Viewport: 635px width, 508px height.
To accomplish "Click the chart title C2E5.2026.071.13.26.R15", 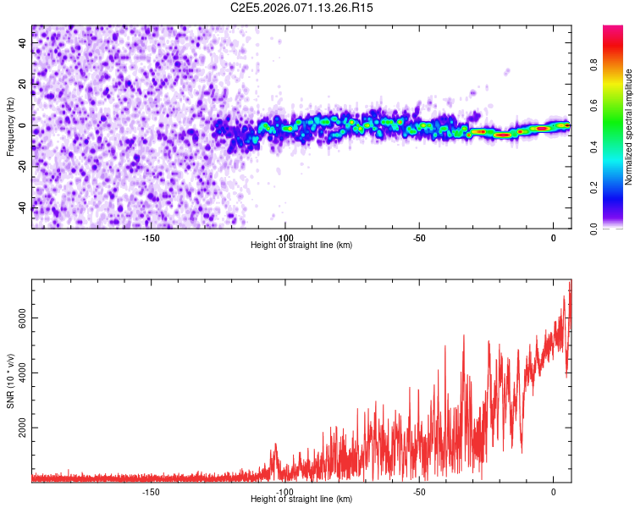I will [302, 8].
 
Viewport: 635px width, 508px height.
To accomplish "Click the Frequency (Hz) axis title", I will [10, 125].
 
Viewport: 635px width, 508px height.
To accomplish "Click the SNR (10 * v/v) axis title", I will [10, 378].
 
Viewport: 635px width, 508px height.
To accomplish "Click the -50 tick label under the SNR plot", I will [419, 492].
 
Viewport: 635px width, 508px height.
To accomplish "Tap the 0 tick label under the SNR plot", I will [554, 492].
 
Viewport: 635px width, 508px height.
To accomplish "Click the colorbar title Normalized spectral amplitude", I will [629, 127].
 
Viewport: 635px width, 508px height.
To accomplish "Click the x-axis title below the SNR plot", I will [301, 500].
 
